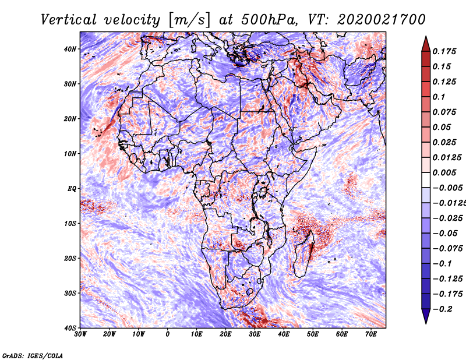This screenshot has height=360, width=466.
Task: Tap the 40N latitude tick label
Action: [70, 49]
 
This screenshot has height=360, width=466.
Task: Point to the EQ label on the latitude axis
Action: [72, 188]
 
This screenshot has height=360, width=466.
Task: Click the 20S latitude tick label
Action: [70, 258]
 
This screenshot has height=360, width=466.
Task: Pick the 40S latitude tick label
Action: [70, 327]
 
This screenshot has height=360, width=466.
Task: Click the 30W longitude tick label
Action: [80, 334]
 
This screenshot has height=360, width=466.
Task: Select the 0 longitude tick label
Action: [168, 334]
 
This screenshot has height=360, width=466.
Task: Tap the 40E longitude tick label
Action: [284, 334]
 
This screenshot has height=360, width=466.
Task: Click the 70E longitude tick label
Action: [371, 334]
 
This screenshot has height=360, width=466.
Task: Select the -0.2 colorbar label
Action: [440, 309]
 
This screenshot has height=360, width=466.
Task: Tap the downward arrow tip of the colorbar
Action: [425, 321]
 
